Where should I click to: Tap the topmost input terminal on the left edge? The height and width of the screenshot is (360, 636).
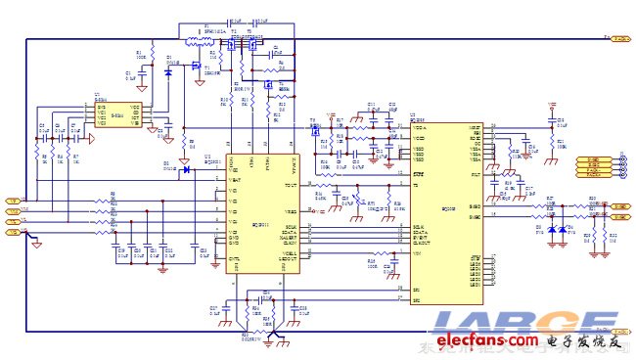13,201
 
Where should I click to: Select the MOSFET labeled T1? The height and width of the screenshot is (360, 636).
234,49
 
